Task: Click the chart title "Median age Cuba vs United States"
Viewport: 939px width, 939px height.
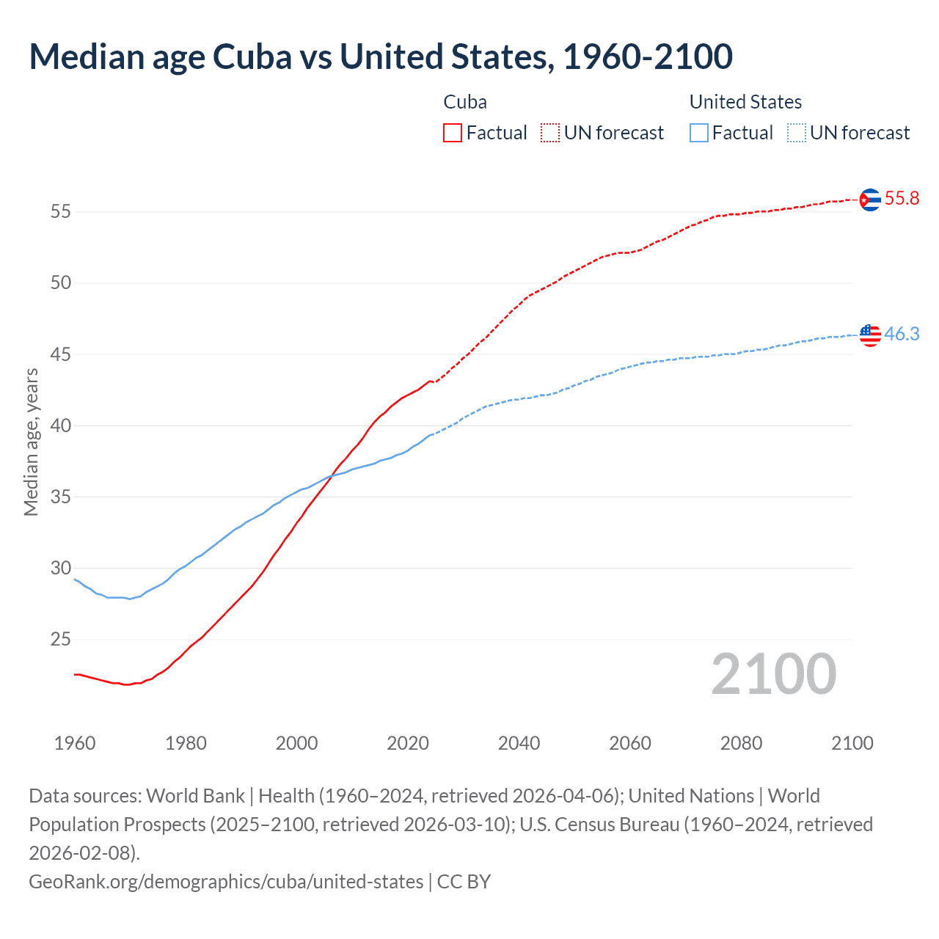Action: point(380,57)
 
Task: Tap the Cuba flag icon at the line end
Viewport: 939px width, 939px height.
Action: point(870,200)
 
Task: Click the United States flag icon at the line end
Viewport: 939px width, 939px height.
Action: point(870,335)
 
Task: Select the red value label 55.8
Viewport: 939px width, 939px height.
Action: point(902,199)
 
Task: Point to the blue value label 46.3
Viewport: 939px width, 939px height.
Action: point(902,335)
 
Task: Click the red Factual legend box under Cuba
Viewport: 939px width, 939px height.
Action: point(453,133)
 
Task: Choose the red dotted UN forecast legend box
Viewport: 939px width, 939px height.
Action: point(550,133)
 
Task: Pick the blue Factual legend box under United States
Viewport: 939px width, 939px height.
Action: point(699,133)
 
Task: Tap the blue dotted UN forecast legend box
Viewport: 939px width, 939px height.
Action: point(796,133)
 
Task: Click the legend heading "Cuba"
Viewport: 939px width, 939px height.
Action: point(465,102)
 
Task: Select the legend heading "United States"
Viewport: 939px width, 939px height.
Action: point(745,102)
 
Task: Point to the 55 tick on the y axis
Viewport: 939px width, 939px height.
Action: point(60,212)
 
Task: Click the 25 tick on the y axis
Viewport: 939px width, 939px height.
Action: point(60,640)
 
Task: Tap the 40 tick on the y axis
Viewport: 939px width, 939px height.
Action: point(60,425)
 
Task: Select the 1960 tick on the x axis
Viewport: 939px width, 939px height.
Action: point(75,743)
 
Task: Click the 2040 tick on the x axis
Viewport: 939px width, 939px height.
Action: point(519,743)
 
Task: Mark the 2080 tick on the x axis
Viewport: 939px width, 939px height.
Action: point(741,743)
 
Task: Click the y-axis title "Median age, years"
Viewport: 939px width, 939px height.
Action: point(31,442)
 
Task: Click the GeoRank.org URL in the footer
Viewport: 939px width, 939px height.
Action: point(226,881)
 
